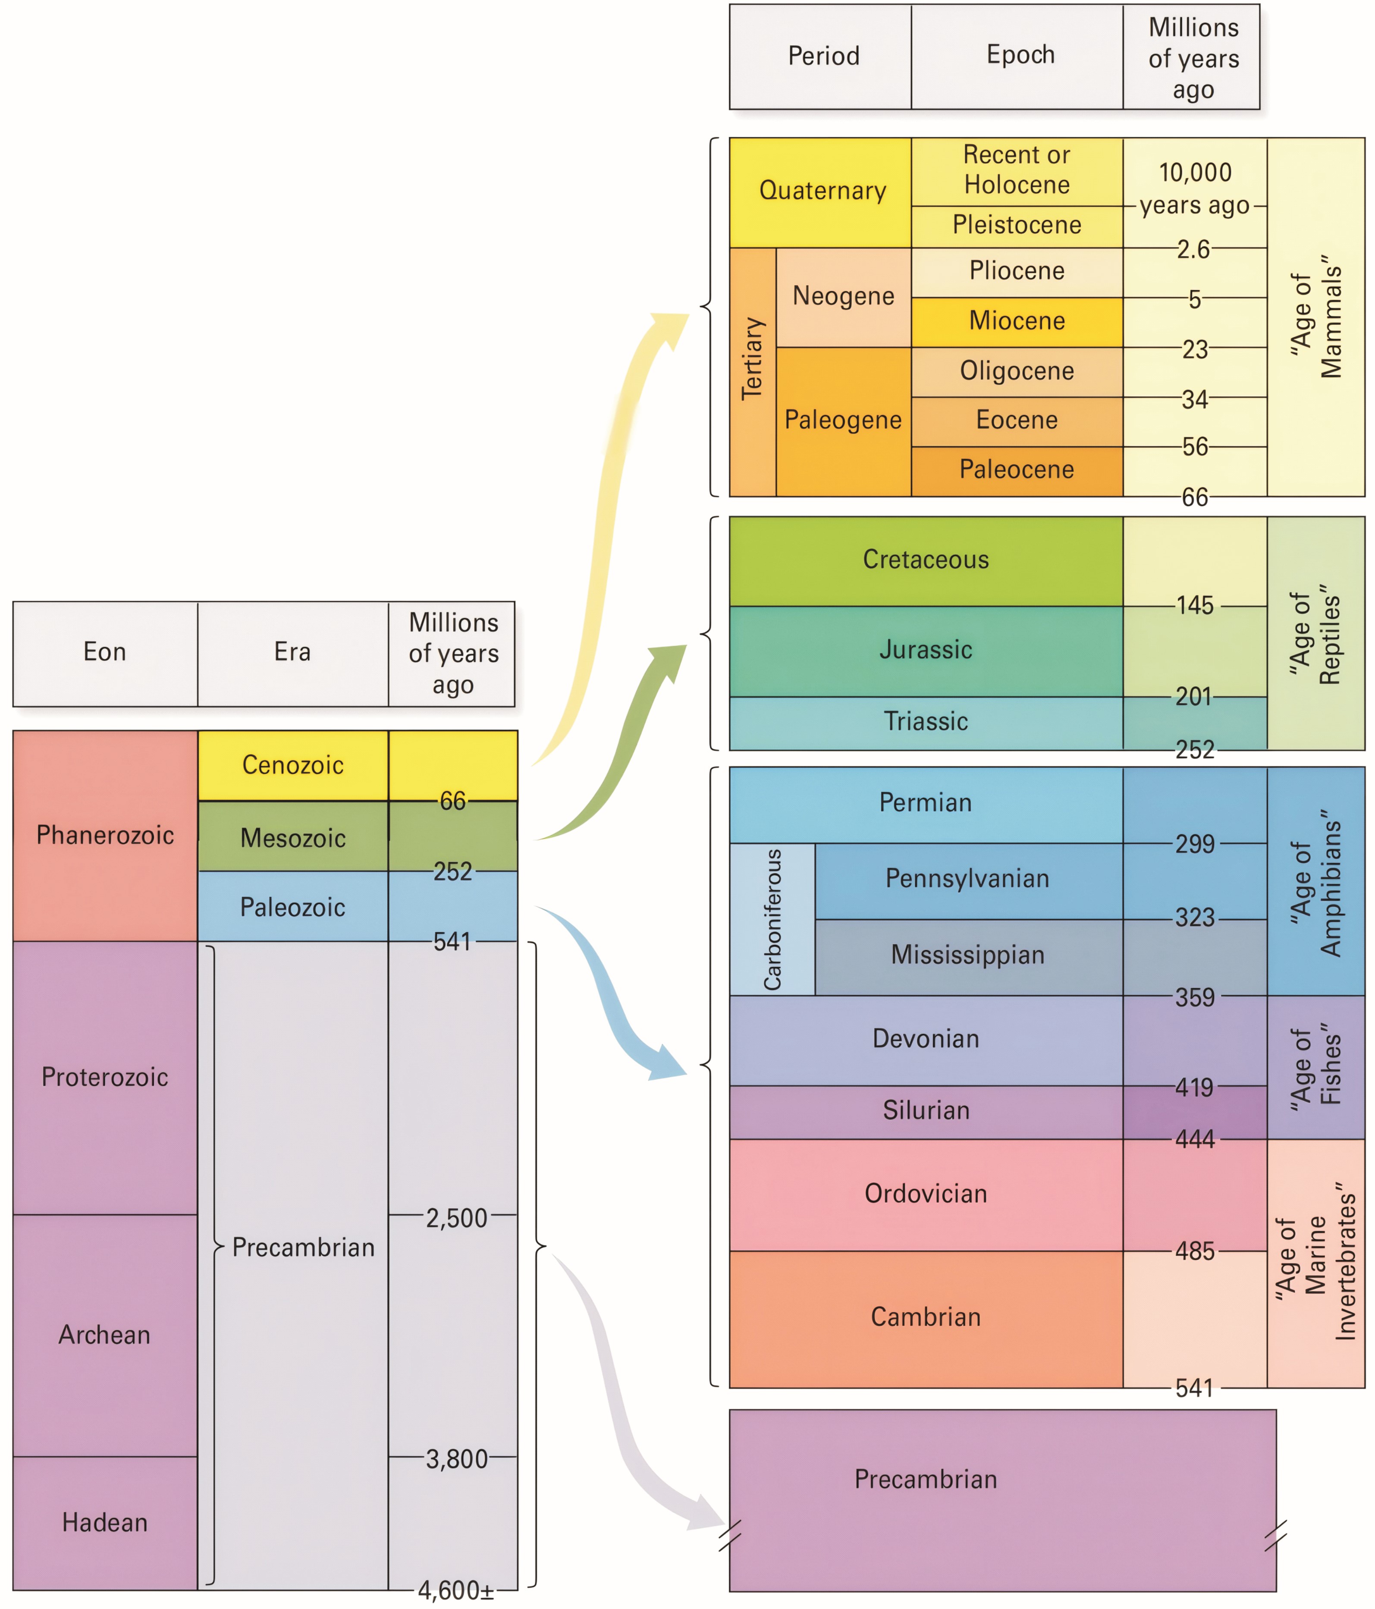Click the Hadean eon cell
[105, 1522]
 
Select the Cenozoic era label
[293, 765]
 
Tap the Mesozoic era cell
[293, 837]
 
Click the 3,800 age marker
[456, 1458]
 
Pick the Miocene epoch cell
[1016, 321]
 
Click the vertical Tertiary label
[752, 359]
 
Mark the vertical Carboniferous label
[772, 919]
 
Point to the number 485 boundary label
[1194, 1251]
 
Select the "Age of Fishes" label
[1315, 1066]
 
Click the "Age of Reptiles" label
[1315, 634]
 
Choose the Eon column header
[105, 651]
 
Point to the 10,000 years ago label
[1195, 189]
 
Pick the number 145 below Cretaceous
[1194, 606]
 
